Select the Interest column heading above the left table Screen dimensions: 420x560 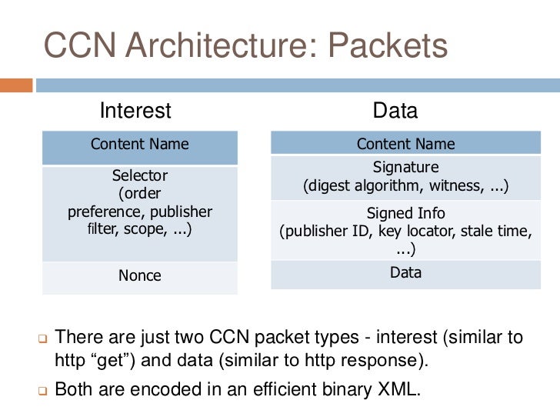(x=135, y=111)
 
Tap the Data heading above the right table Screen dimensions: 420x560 (x=395, y=111)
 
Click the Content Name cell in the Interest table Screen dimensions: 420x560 (x=139, y=144)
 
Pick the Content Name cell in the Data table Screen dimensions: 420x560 (x=405, y=144)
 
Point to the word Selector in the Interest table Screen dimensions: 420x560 (x=139, y=175)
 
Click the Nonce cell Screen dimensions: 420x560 (x=139, y=275)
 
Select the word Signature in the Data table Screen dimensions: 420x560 (x=405, y=167)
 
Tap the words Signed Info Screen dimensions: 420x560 (x=405, y=213)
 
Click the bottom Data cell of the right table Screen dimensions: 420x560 (x=405, y=272)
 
